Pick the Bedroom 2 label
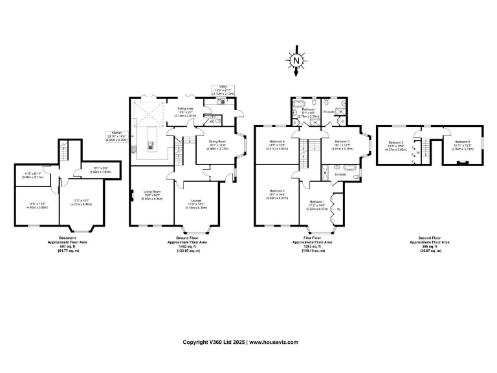click(x=278, y=192)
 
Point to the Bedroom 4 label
click(x=277, y=144)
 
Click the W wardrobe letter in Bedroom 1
click(x=338, y=209)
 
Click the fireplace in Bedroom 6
click(x=461, y=163)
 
